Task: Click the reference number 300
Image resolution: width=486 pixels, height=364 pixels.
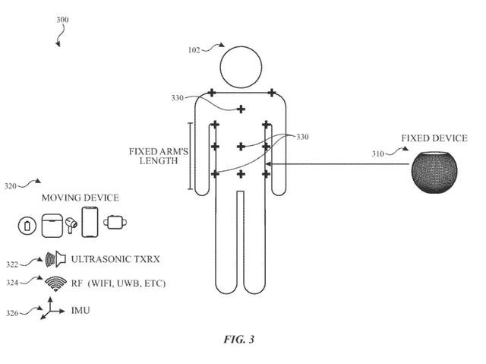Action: coord(62,20)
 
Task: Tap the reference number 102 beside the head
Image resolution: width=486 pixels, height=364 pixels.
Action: coord(194,50)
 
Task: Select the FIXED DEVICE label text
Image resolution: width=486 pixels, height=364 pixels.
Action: coord(434,138)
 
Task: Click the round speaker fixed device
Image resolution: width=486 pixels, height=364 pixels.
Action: coord(434,172)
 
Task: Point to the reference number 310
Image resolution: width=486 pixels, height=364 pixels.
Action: coord(378,154)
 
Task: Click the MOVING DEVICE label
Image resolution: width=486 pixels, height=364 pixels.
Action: coord(80,198)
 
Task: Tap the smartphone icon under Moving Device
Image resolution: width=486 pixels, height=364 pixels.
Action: coord(90,222)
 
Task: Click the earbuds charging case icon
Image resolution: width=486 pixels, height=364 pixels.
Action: coord(52,226)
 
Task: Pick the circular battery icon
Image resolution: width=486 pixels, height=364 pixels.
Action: coord(27,226)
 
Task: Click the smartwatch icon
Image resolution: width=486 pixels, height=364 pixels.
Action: coord(115,223)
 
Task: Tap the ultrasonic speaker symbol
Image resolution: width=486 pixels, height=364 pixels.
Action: coord(55,259)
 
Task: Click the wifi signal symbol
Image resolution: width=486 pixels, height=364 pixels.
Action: coord(55,283)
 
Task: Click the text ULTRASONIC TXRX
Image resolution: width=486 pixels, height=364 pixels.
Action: coord(115,259)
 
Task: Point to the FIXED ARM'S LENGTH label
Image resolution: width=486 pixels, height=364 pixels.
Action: coord(159,157)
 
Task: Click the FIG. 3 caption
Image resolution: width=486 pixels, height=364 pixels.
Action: coord(239,340)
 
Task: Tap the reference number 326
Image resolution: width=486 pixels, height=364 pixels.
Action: coord(12,313)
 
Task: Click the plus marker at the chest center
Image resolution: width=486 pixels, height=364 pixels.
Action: coord(241,109)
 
